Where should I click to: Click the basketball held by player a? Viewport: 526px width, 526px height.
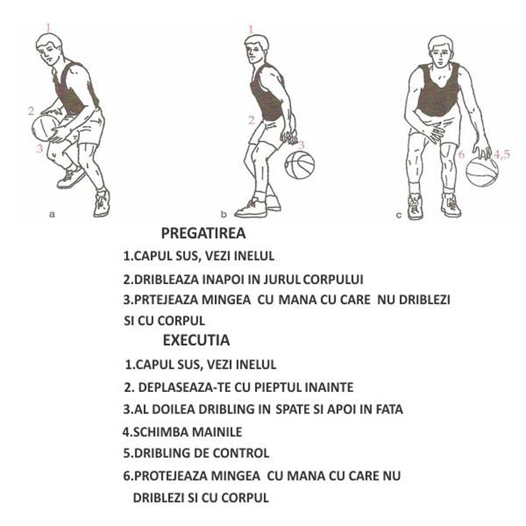tap(45, 128)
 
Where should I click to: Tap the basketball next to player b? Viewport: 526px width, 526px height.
tap(300, 164)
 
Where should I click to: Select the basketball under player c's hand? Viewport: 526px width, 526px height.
tap(482, 171)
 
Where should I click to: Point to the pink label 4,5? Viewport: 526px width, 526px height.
tap(502, 155)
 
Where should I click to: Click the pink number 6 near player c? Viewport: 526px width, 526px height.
tap(461, 154)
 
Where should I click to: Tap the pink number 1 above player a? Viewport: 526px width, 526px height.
tap(49, 27)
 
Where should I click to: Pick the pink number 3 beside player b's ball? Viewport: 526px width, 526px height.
tap(301, 145)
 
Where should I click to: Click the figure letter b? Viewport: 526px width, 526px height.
tap(224, 214)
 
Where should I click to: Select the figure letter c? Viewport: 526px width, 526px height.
tap(398, 215)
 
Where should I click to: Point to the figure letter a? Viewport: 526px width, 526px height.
tap(52, 214)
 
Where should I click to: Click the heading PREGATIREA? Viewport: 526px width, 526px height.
tap(203, 233)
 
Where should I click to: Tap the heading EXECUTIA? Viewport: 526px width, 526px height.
tap(196, 340)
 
